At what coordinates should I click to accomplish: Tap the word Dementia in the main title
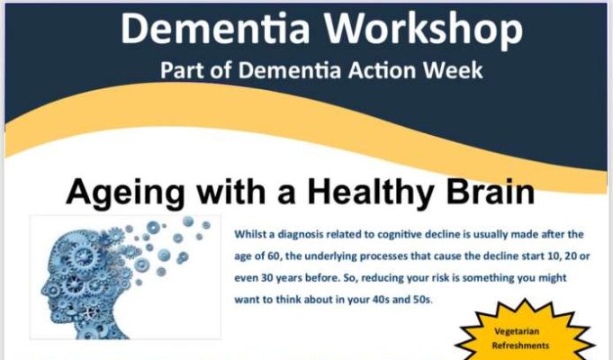215,28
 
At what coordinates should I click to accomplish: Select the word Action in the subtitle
382,70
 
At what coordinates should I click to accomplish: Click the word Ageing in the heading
125,193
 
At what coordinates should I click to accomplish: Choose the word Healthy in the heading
371,193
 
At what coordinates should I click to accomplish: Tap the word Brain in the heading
490,192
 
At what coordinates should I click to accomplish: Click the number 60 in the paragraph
272,256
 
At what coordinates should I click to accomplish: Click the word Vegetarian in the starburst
517,331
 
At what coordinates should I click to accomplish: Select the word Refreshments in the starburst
520,346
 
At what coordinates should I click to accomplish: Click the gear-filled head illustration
125,277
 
